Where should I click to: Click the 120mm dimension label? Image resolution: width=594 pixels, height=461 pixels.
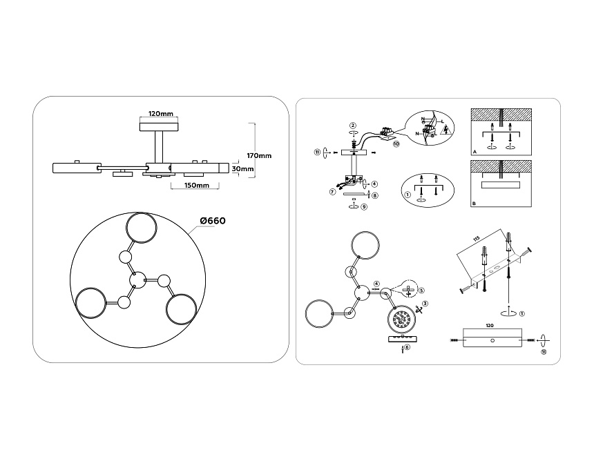[160, 113]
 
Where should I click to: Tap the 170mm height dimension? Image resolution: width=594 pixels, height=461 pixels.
[260, 155]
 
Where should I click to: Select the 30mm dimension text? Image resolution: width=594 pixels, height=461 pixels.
[242, 168]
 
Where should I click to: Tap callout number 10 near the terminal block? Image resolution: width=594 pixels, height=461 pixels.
[396, 144]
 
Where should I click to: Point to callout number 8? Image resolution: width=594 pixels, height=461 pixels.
[374, 195]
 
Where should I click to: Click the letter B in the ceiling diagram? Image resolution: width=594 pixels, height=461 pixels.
[474, 204]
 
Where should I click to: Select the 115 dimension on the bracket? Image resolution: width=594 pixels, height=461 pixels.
[476, 239]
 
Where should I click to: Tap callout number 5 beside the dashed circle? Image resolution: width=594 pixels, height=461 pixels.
[421, 291]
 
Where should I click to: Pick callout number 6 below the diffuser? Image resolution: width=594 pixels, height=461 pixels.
[408, 347]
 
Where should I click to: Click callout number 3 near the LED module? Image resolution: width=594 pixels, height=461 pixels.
[425, 304]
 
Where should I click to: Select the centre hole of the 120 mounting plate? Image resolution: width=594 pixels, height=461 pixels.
[492, 341]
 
